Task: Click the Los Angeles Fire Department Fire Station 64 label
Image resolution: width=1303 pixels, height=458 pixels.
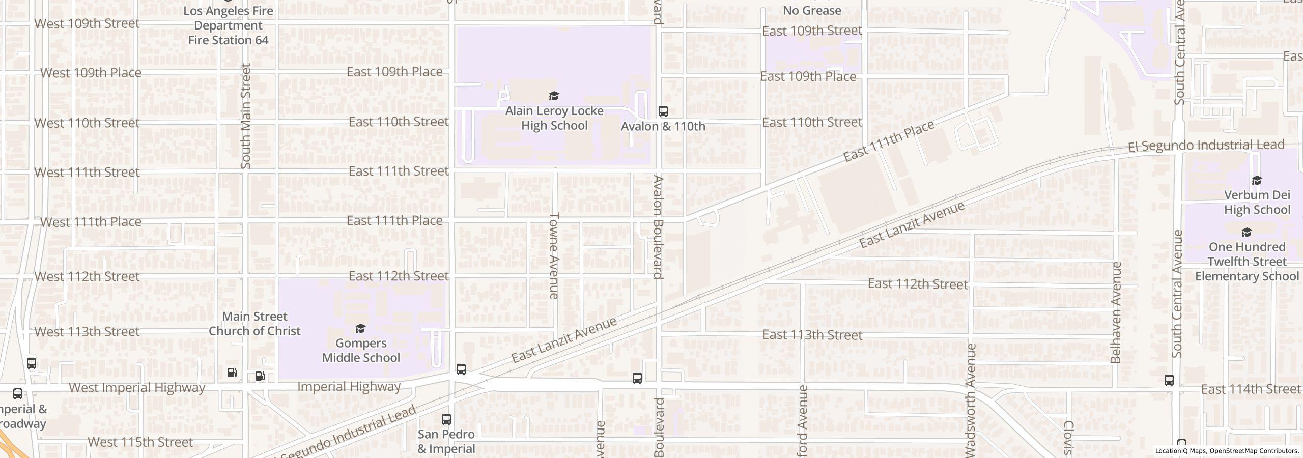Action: (228, 25)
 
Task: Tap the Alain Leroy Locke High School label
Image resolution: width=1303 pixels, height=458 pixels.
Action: (554, 118)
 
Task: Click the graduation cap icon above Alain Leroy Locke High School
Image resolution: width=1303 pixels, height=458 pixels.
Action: (554, 96)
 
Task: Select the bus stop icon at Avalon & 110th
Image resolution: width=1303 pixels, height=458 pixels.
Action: (663, 111)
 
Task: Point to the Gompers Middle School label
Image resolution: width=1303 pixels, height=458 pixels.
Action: (361, 351)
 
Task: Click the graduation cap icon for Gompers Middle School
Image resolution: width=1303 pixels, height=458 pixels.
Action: (360, 328)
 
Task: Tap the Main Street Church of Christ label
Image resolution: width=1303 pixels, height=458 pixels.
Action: (254, 324)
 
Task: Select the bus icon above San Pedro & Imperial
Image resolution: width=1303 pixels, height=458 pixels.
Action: (446, 419)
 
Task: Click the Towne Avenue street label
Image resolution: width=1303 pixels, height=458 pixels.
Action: (554, 255)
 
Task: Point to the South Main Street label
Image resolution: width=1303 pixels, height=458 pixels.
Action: (246, 116)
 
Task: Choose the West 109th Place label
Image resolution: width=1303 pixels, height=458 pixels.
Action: (91, 73)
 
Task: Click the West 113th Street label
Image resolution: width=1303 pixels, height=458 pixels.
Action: (87, 332)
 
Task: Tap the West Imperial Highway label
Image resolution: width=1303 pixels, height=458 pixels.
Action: (137, 388)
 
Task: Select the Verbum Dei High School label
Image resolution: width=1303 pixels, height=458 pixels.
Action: (1257, 203)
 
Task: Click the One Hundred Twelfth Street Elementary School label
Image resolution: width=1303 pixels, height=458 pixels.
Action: (1247, 262)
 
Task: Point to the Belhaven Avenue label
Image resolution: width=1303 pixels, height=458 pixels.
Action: (1116, 312)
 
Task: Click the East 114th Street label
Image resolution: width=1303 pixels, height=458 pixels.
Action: (1251, 389)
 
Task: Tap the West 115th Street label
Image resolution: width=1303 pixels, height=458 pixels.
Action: (140, 442)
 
